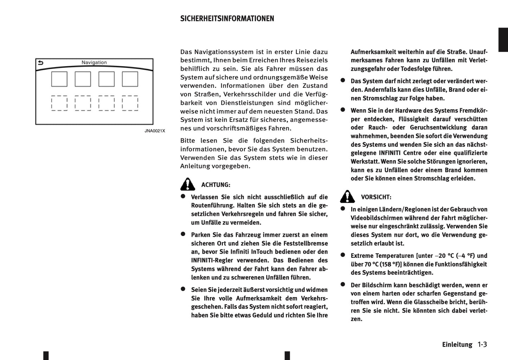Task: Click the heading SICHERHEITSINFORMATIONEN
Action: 227,19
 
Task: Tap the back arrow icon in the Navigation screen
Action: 41,63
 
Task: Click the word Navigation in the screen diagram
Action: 94,63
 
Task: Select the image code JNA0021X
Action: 155,131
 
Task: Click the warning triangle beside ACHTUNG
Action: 188,184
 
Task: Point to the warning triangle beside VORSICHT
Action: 347,197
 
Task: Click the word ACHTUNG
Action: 216,185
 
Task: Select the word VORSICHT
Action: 376,197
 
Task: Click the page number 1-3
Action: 482,345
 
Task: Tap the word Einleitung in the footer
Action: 457,345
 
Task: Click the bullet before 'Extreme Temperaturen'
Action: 343,255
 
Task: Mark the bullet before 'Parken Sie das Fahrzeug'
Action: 183,234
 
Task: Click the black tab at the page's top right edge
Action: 503,40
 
